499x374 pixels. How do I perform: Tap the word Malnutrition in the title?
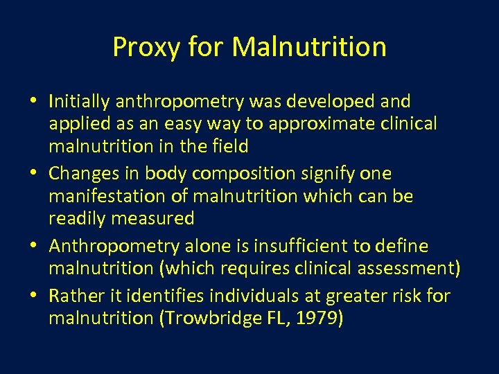[309, 47]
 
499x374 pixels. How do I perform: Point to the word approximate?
[324, 124]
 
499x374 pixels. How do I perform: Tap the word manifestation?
[108, 196]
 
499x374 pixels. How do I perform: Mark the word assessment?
[398, 268]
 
